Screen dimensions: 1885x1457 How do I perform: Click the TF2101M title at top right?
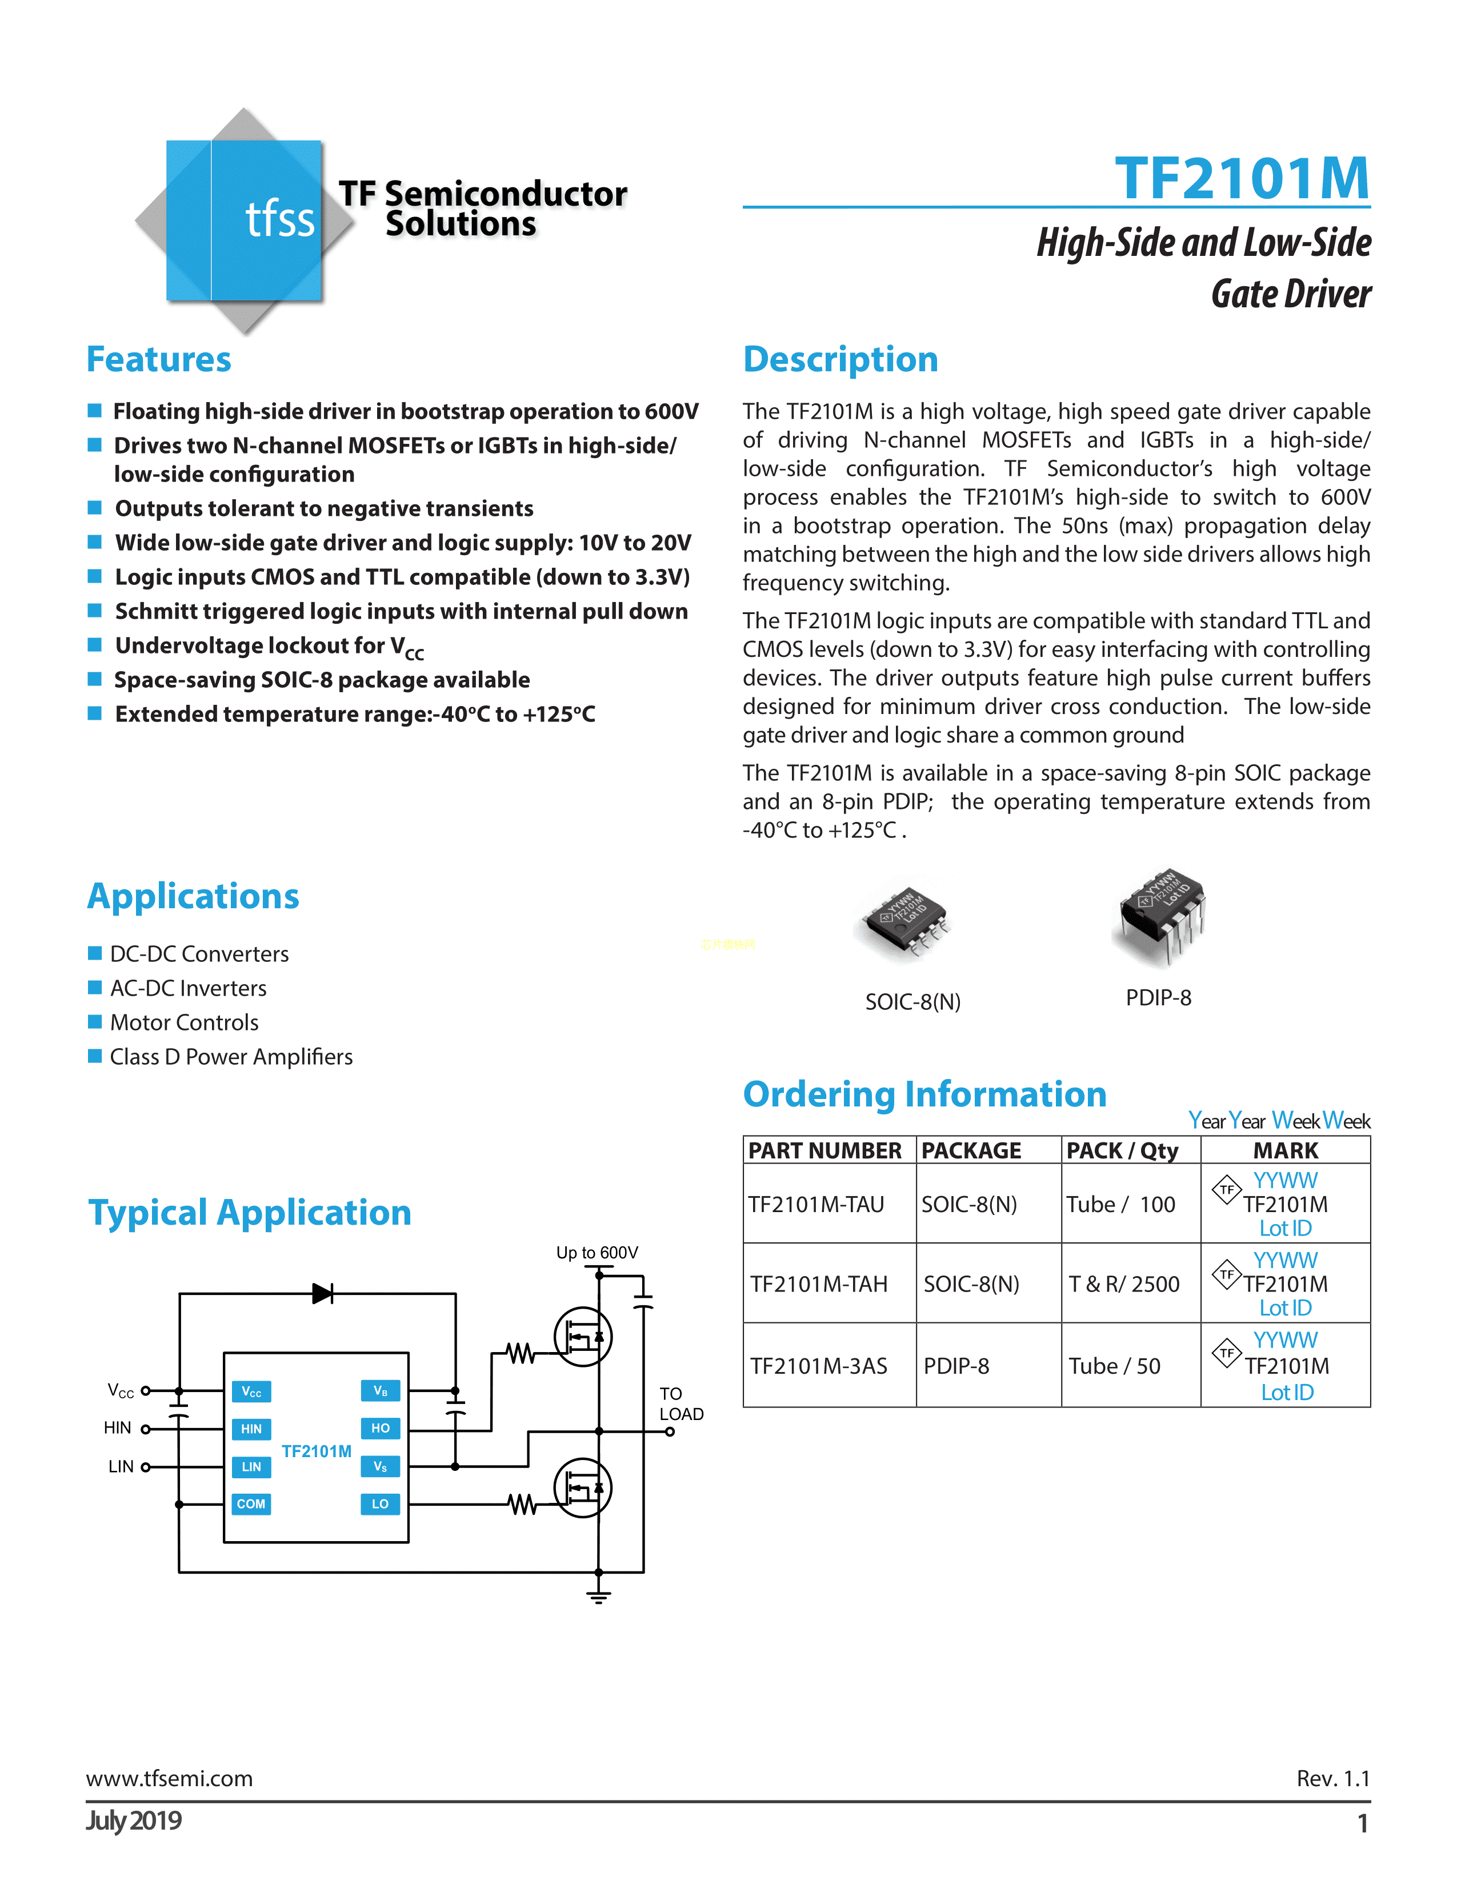point(1241,179)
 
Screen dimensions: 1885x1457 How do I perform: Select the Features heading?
point(159,359)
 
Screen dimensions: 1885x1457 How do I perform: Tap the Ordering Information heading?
point(924,1094)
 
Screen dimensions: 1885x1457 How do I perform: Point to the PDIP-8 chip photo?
point(1162,917)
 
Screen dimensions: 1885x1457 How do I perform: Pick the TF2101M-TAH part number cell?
point(818,1284)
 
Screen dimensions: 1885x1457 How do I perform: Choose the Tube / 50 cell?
point(1114,1366)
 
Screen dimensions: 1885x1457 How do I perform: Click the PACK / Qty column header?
point(1122,1150)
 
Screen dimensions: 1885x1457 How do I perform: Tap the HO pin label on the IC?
point(380,1429)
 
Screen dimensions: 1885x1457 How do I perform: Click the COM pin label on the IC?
point(251,1503)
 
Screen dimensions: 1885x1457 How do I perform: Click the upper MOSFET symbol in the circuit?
point(583,1337)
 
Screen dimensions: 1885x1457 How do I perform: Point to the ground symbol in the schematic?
point(598,1596)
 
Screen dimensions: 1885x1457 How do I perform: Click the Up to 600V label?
point(597,1252)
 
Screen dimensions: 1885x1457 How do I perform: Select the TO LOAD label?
point(681,1403)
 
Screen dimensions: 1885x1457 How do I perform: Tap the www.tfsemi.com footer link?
point(169,1778)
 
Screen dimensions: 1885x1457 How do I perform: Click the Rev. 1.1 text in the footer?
point(1332,1778)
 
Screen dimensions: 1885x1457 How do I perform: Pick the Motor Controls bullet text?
point(184,1023)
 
